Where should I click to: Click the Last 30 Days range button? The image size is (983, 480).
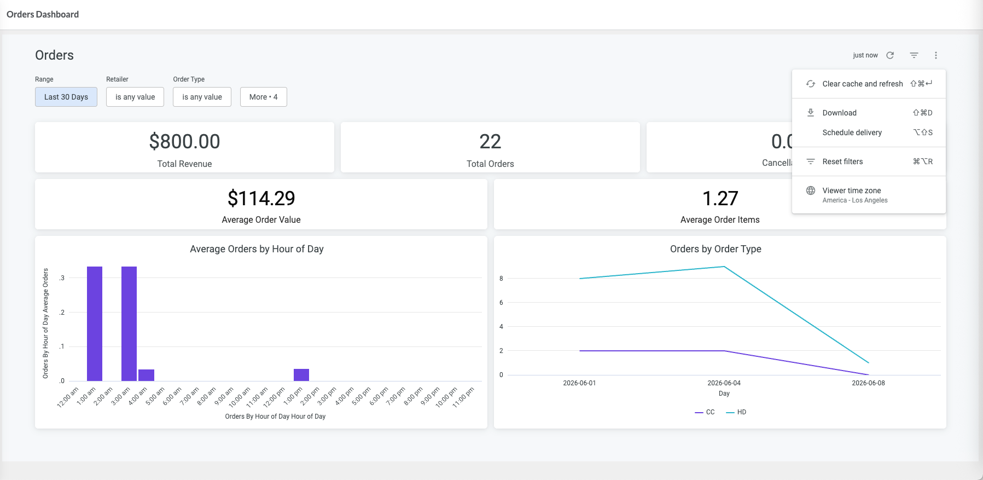click(66, 97)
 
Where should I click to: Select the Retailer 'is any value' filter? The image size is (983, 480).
click(135, 97)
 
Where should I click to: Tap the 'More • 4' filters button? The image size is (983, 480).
click(264, 97)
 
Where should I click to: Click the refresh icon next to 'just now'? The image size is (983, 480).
click(890, 55)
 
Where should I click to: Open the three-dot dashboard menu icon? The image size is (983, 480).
click(936, 55)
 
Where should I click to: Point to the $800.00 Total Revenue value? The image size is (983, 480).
click(185, 142)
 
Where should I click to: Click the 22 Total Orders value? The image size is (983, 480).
click(490, 142)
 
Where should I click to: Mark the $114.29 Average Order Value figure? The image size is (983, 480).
click(261, 198)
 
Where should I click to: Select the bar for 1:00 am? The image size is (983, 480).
click(95, 323)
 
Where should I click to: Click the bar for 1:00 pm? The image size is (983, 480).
click(301, 375)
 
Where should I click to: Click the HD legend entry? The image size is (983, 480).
click(736, 412)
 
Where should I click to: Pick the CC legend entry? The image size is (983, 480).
click(705, 412)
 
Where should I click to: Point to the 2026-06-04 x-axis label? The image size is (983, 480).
click(724, 383)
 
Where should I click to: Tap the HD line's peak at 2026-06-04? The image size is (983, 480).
click(724, 267)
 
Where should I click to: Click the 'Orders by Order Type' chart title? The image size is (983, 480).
click(716, 249)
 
